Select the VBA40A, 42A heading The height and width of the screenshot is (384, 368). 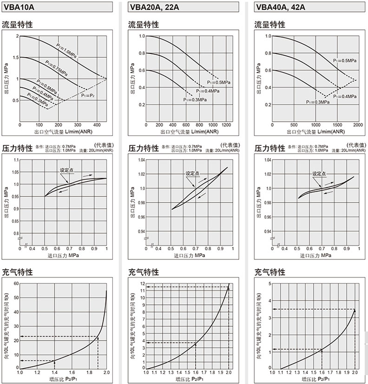click(x=281, y=7)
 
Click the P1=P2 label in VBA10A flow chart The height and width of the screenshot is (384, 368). click(x=88, y=96)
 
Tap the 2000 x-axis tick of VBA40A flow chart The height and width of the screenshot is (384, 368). click(x=357, y=126)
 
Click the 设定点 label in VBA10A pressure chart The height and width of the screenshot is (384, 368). click(x=67, y=170)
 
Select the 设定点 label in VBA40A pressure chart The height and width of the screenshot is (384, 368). click(x=319, y=173)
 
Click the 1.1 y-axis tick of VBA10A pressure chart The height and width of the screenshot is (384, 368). click(x=16, y=160)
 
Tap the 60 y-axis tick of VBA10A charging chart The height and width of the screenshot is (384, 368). click(x=15, y=283)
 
